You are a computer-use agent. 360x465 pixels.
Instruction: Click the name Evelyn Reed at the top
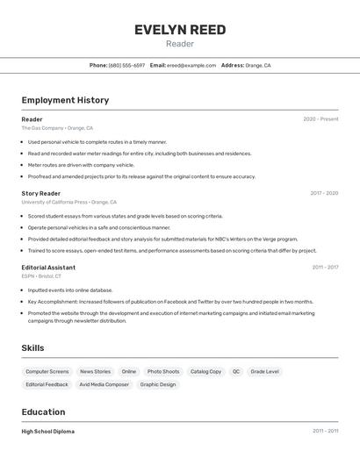(x=180, y=30)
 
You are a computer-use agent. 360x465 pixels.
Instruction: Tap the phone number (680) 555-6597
(x=126, y=65)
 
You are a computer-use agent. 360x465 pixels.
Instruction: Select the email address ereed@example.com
(x=191, y=65)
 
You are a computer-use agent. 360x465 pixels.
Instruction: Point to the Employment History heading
(x=65, y=100)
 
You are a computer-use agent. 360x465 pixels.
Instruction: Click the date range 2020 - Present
(x=320, y=119)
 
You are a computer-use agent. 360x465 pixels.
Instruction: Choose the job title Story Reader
(x=41, y=193)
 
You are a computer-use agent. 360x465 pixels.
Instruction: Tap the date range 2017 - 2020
(x=324, y=193)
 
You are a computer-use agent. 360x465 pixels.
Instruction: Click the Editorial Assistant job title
(x=48, y=268)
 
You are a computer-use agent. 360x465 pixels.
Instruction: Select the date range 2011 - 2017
(x=325, y=268)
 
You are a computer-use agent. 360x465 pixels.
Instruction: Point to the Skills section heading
(x=32, y=348)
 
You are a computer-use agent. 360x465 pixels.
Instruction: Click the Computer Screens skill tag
(x=47, y=372)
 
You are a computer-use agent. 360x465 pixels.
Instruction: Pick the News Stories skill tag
(x=95, y=372)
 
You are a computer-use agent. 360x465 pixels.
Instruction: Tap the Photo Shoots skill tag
(x=163, y=372)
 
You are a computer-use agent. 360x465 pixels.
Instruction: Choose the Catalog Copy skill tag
(x=205, y=372)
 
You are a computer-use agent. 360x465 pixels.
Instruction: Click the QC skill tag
(x=236, y=372)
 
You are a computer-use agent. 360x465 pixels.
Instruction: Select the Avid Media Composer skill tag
(x=104, y=384)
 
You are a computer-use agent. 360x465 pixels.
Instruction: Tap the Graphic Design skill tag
(x=158, y=384)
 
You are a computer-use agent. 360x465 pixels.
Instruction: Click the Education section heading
(x=43, y=412)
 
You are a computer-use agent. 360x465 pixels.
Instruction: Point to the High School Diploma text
(x=48, y=432)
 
